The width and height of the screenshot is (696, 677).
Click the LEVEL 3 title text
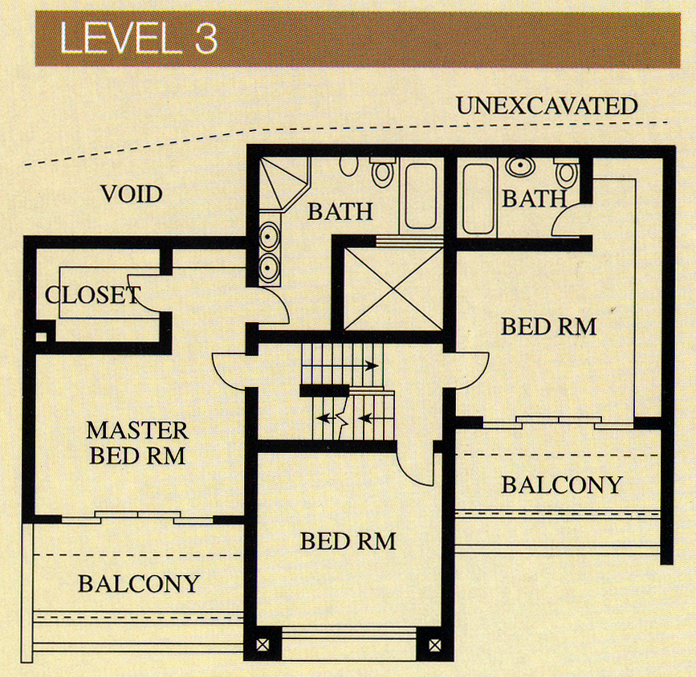click(138, 39)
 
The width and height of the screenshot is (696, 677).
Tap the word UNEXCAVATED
click(547, 106)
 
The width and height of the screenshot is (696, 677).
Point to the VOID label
click(132, 194)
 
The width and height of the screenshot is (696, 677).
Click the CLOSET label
click(93, 295)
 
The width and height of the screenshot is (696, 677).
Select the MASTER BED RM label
click(137, 443)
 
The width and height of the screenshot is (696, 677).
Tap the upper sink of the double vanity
click(269, 236)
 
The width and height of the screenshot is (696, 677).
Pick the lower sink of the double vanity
click(269, 267)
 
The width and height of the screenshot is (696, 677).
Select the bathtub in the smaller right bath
click(478, 198)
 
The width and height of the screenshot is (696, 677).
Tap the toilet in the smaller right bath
click(567, 171)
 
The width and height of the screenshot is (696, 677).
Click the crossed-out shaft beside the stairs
click(393, 289)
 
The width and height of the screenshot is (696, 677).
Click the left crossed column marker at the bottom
click(263, 645)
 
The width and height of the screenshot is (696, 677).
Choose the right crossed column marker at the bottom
click(434, 645)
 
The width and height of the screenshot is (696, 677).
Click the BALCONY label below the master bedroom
click(139, 584)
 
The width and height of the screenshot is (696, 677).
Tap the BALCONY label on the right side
click(561, 485)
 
